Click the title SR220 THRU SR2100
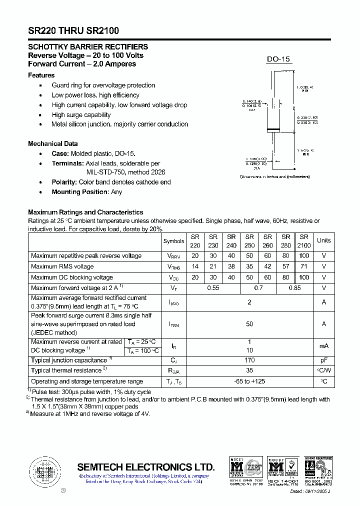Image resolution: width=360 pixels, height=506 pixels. click(73, 30)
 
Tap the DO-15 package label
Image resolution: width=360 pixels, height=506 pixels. click(278, 59)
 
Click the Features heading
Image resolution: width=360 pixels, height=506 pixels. click(41, 75)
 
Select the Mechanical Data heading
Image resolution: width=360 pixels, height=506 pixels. click(52, 143)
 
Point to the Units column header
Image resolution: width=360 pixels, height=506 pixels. click(323, 240)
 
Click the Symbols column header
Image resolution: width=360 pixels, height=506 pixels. click(173, 241)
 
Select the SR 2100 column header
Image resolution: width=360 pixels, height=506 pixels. click(303, 241)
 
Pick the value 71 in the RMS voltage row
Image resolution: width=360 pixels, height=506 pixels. click(303, 266)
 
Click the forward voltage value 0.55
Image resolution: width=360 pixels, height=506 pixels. click(213, 288)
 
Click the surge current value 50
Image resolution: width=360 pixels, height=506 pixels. click(249, 324)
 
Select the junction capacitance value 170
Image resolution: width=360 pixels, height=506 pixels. click(249, 360)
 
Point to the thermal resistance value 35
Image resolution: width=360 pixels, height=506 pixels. click(249, 370)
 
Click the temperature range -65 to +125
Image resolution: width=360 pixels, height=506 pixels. click(249, 381)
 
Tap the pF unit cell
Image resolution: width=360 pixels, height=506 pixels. click(323, 360)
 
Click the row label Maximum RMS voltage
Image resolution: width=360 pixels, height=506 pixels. click(62, 266)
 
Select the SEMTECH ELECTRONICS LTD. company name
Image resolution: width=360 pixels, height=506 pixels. click(146, 467)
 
